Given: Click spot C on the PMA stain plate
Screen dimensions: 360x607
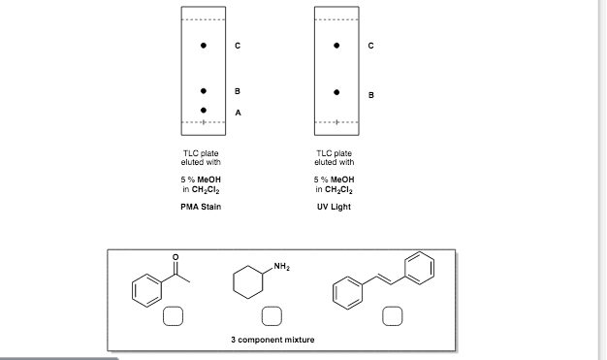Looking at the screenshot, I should click(x=204, y=45).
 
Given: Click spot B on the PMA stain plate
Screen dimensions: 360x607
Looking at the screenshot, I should click(x=204, y=90).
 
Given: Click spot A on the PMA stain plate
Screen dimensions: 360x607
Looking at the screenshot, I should click(x=204, y=111).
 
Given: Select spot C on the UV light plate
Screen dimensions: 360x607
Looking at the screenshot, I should click(x=336, y=45).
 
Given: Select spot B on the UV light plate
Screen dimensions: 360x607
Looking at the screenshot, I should click(x=336, y=93).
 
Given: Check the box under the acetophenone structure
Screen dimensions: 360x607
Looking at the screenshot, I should click(x=173, y=315).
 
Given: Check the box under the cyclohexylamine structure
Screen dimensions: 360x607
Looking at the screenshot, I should click(x=274, y=315).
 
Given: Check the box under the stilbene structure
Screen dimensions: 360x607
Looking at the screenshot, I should click(x=391, y=315).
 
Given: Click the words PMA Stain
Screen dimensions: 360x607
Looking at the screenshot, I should click(x=201, y=207).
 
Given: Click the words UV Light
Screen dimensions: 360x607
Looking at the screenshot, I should click(x=335, y=207).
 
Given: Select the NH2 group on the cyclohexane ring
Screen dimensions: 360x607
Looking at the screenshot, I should click(x=282, y=266).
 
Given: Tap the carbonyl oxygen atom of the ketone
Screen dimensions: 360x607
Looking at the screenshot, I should click(x=176, y=257).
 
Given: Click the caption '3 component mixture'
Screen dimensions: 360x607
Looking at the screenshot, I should click(x=272, y=341).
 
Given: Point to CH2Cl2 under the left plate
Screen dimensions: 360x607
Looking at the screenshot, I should click(x=201, y=190).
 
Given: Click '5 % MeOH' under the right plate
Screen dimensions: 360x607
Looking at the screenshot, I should click(x=335, y=180).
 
